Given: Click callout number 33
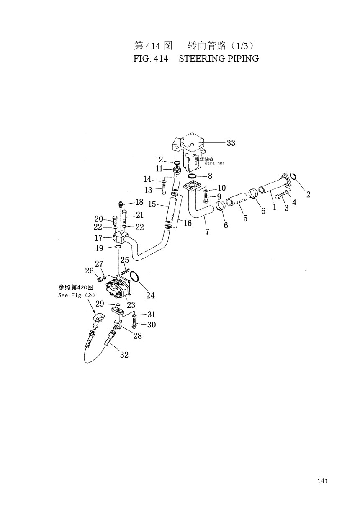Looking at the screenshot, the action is pyautogui.click(x=231, y=143).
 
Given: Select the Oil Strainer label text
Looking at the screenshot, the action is pyautogui.click(x=209, y=163).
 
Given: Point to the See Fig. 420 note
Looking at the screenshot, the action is pyautogui.click(x=76, y=295).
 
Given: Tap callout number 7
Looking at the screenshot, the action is pyautogui.click(x=207, y=231).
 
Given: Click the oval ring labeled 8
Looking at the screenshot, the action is pyautogui.click(x=192, y=176).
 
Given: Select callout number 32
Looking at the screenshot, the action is pyautogui.click(x=124, y=354).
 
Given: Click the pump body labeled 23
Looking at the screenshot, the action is pyautogui.click(x=118, y=289).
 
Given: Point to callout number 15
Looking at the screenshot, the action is pyautogui.click(x=152, y=204).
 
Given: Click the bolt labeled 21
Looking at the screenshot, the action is pyautogui.click(x=124, y=217).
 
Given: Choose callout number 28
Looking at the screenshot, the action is pyautogui.click(x=137, y=335).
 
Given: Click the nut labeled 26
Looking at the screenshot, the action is pyautogui.click(x=99, y=280).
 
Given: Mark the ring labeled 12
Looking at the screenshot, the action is pyautogui.click(x=177, y=162).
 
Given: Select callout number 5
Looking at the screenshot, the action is pyautogui.click(x=245, y=218).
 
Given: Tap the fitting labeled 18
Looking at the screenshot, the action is pyautogui.click(x=121, y=204).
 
